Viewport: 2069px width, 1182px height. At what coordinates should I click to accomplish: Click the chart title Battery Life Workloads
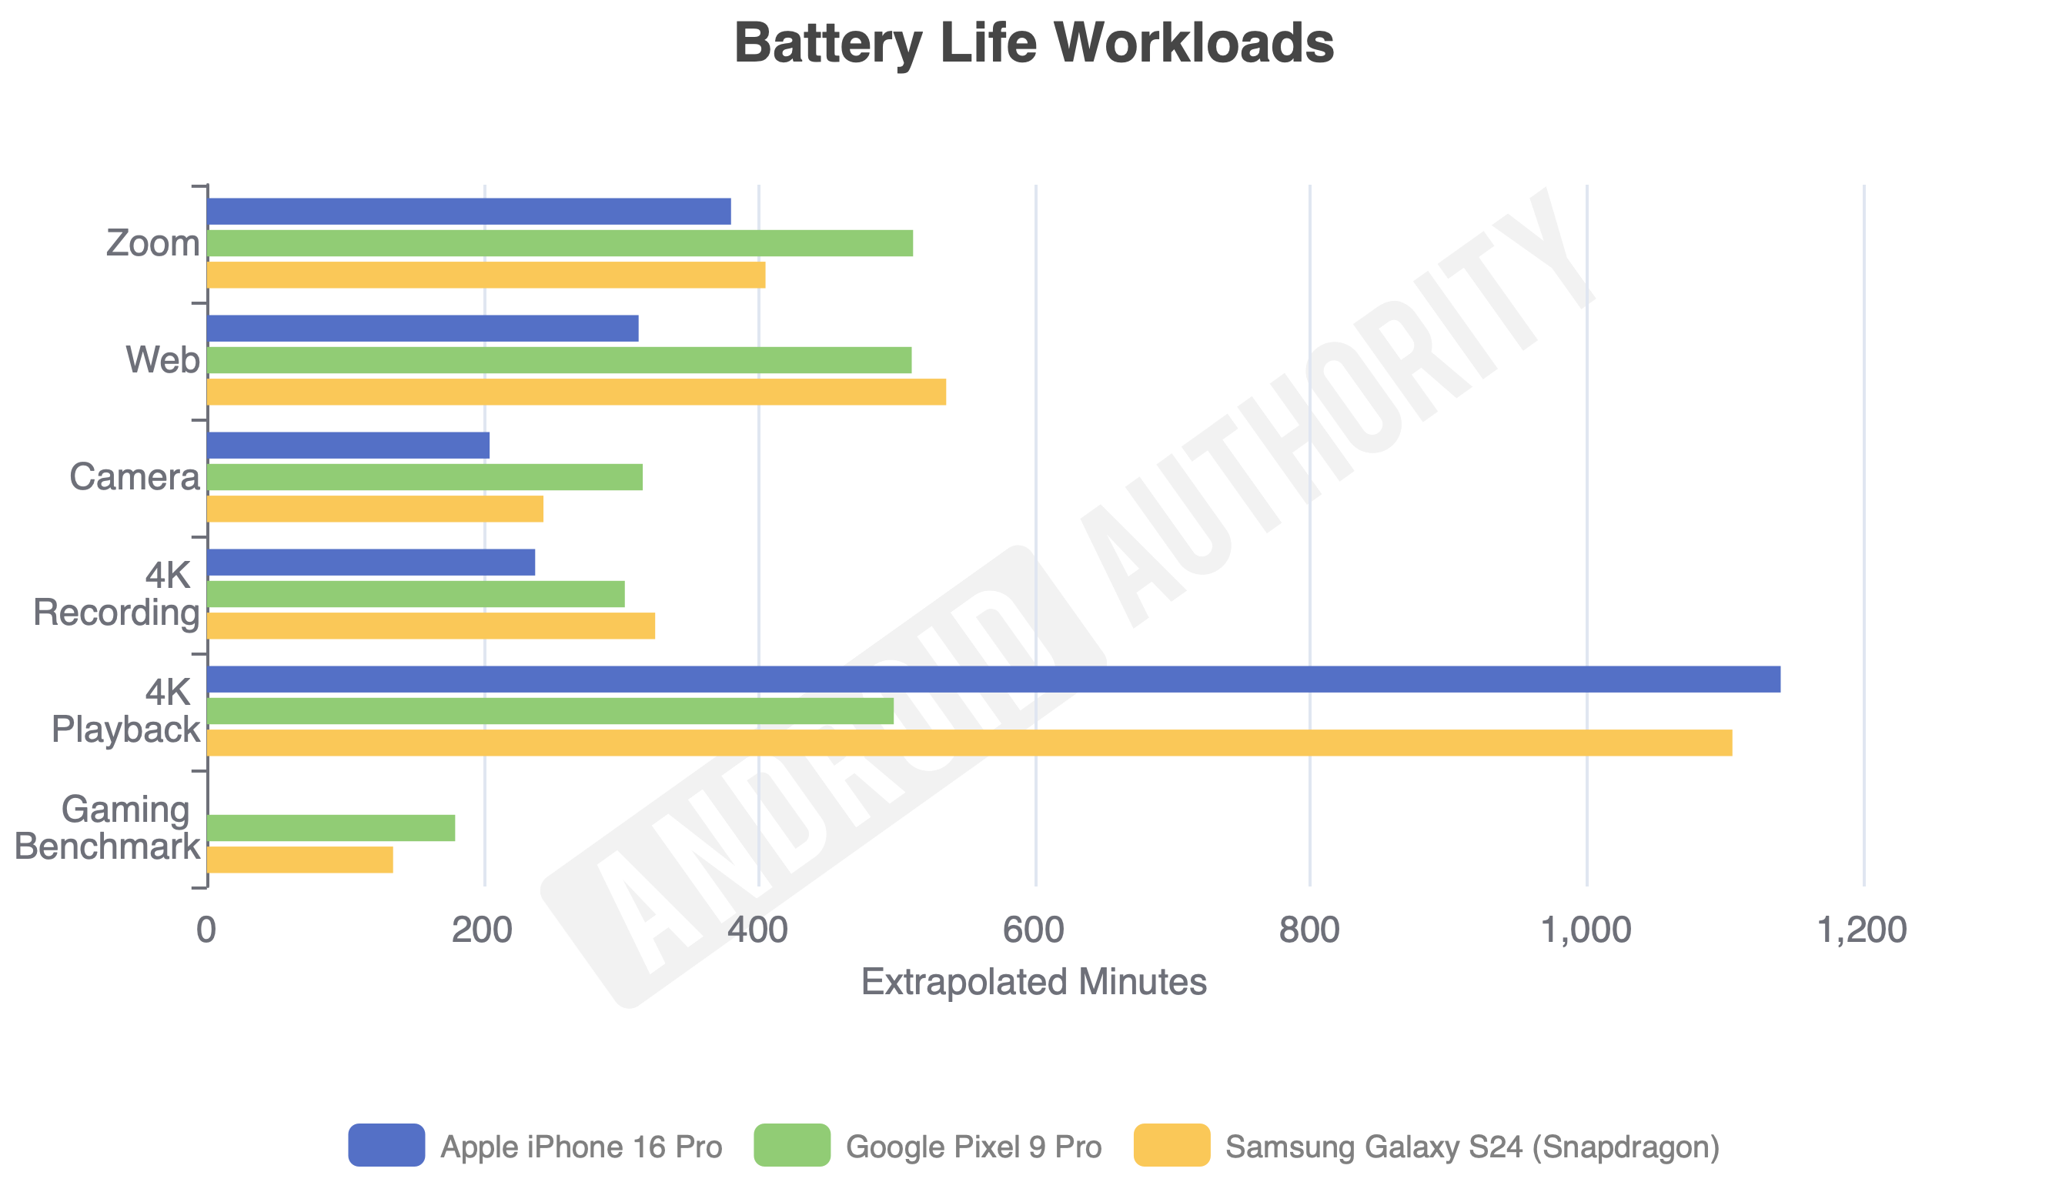(x=1034, y=43)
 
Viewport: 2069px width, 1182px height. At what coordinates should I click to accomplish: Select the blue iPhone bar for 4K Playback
(x=994, y=679)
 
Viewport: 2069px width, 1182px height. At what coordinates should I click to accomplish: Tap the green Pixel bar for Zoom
(x=560, y=243)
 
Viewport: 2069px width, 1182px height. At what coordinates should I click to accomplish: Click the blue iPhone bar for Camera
(x=349, y=446)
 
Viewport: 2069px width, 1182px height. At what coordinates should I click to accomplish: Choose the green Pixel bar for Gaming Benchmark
(x=331, y=828)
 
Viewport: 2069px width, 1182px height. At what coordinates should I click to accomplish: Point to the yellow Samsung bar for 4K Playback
(x=970, y=743)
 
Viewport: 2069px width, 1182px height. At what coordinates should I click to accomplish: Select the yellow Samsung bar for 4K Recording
(x=431, y=626)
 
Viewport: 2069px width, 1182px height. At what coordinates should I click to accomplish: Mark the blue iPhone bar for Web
(x=423, y=329)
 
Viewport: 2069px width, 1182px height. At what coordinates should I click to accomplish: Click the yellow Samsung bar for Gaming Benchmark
(x=300, y=860)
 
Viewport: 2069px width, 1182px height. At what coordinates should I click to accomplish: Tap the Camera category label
(x=135, y=477)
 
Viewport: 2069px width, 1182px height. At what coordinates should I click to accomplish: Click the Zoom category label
(x=152, y=243)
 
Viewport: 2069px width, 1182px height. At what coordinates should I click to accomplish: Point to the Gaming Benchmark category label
(x=107, y=828)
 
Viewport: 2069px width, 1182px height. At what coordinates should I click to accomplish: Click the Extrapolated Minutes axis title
(x=1034, y=982)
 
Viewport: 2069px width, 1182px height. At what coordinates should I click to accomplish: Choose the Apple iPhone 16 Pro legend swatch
(x=386, y=1146)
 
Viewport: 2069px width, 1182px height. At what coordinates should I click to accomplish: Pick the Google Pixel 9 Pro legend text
(x=974, y=1147)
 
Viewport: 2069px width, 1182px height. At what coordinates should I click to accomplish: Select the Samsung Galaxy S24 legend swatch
(x=1172, y=1146)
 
